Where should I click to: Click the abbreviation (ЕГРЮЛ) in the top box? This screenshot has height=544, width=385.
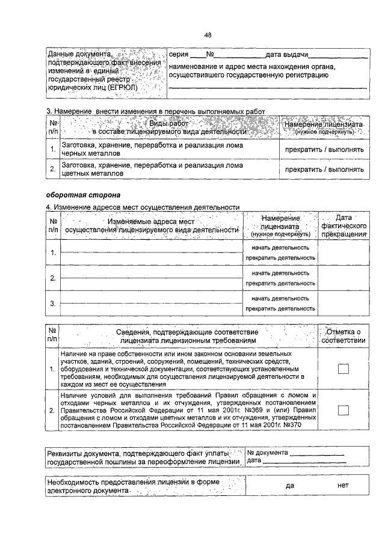(120, 87)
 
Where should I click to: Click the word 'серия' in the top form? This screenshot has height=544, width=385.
(179, 55)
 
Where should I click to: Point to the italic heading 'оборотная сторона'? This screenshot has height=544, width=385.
(84, 195)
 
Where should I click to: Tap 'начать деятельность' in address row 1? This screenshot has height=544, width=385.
(280, 247)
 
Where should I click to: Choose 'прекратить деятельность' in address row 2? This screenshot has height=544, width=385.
(280, 283)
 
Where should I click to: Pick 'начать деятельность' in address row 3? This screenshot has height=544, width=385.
(280, 298)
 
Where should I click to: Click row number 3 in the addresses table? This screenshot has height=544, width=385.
(53, 304)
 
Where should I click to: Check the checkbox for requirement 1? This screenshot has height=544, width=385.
(343, 369)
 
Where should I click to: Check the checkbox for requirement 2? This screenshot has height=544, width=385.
(343, 410)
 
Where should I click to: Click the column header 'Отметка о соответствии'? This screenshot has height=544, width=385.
(343, 336)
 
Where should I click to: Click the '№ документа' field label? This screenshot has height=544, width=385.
(268, 453)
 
